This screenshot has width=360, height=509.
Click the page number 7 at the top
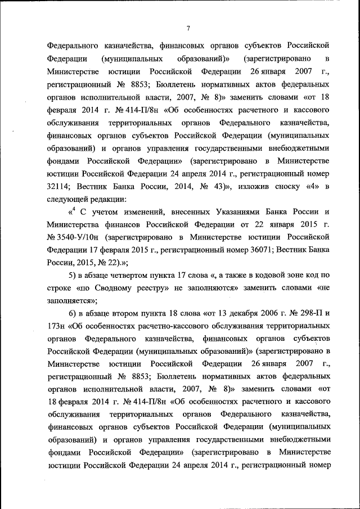pyautogui.click(x=188, y=29)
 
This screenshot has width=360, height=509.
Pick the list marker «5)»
pyautogui.click(x=73, y=276)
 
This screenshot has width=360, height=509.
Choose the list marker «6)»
pyautogui.click(x=73, y=313)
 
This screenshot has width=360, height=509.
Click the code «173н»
pyautogui.click(x=55, y=326)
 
